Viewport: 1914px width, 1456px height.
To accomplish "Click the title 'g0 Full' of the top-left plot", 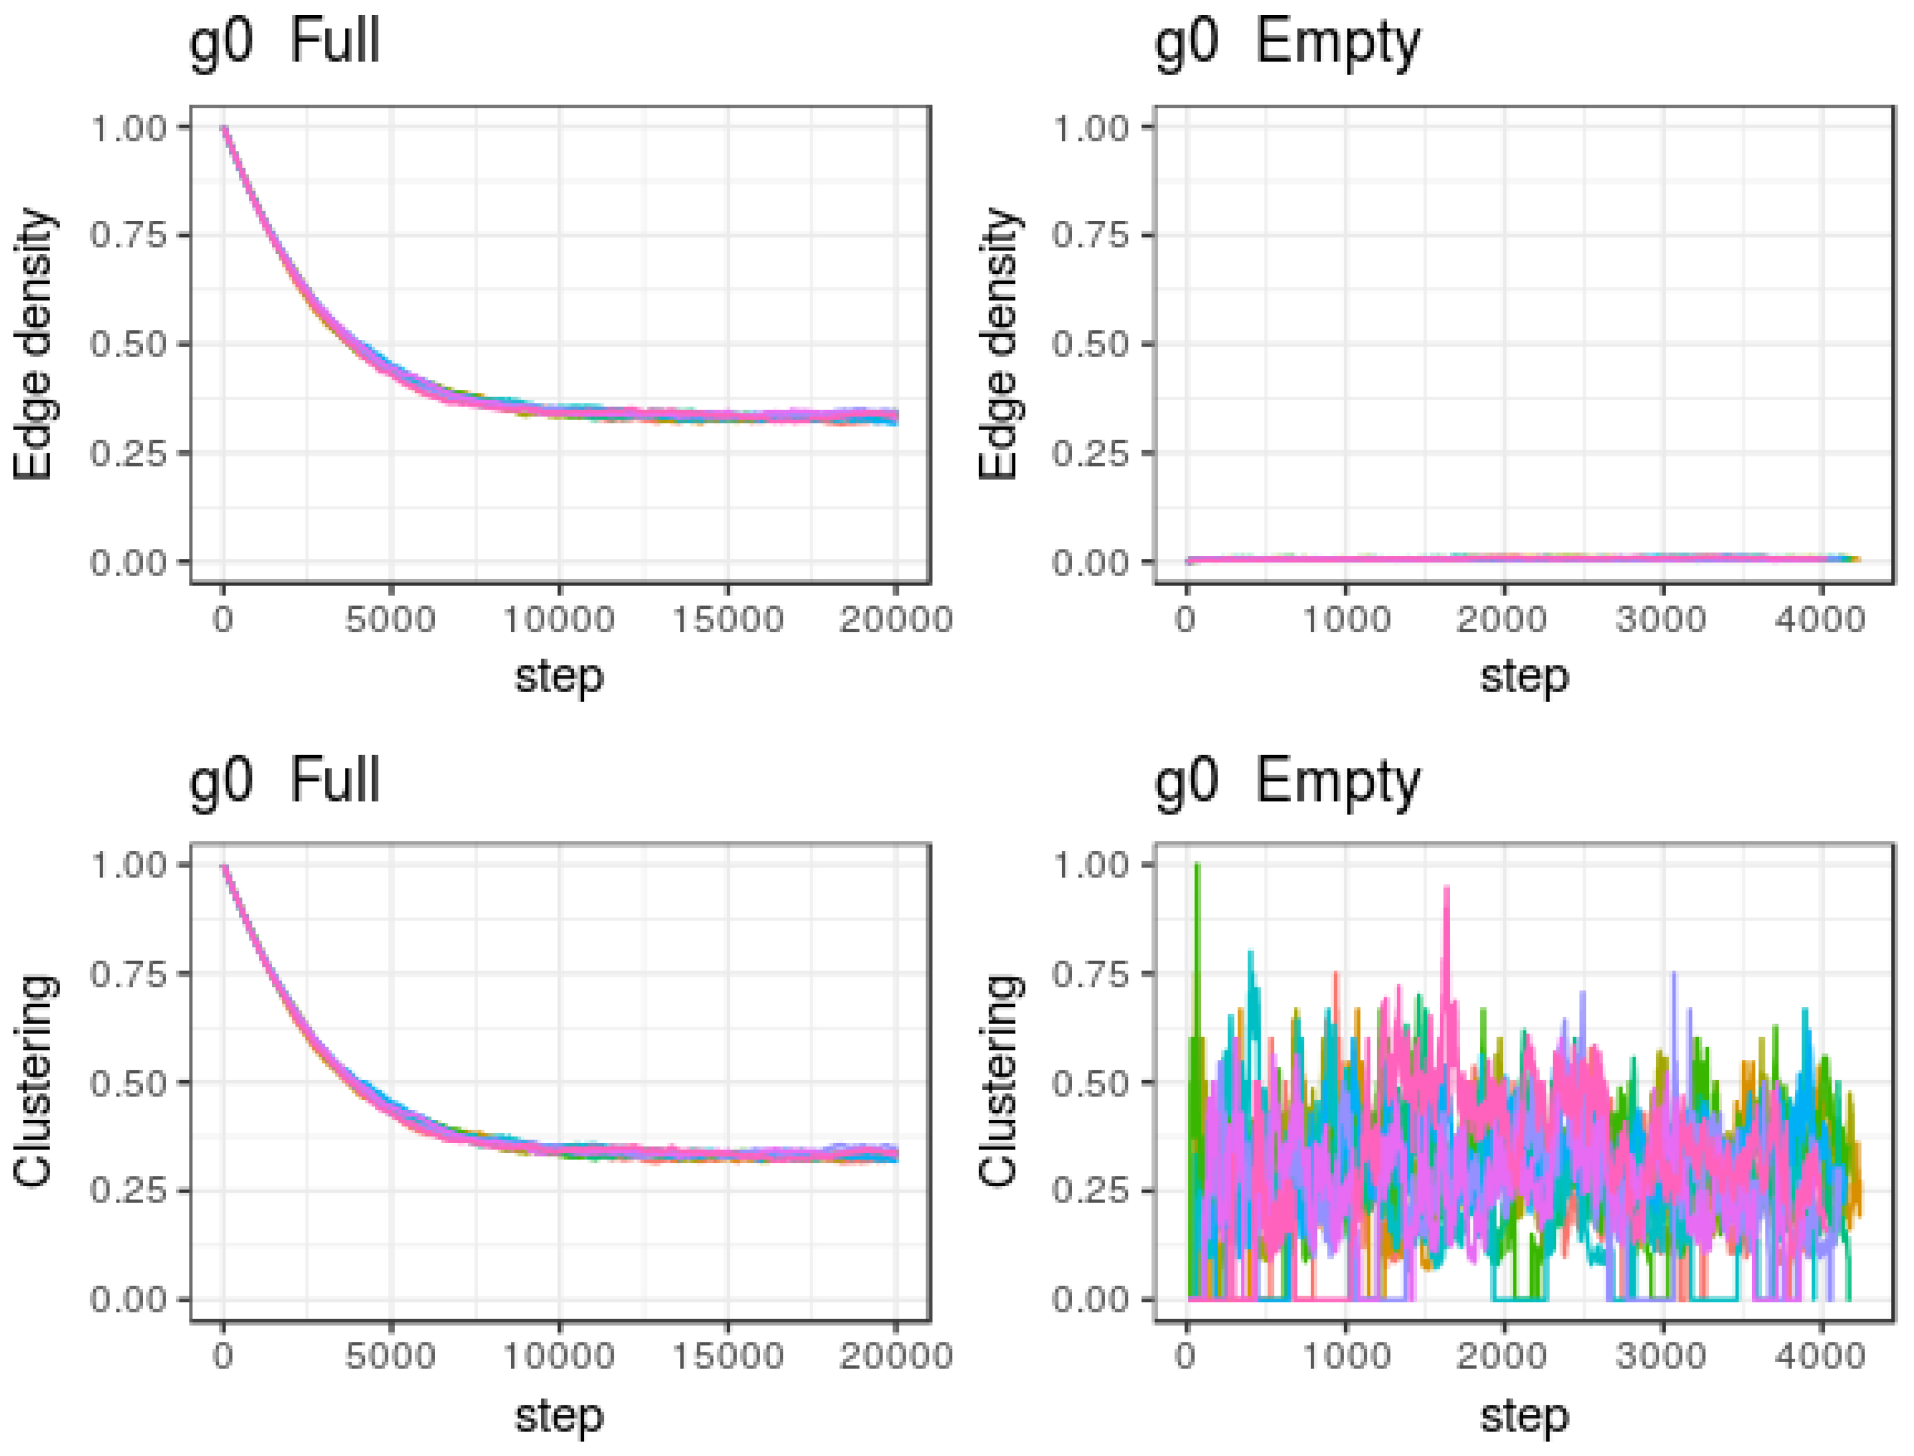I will (x=284, y=41).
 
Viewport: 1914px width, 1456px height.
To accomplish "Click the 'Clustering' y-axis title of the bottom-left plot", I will (x=34, y=1081).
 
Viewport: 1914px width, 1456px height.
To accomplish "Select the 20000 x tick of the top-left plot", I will (x=895, y=620).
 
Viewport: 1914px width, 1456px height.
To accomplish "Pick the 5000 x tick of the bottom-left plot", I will (x=390, y=1356).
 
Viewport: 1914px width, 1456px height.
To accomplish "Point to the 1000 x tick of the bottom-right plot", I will (x=1346, y=1356).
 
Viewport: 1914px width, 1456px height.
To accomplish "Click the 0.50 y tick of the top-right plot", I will (x=1090, y=344).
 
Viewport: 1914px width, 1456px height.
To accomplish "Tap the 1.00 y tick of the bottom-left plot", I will (x=128, y=865).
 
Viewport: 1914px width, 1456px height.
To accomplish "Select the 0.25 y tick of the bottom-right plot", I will (x=1090, y=1191).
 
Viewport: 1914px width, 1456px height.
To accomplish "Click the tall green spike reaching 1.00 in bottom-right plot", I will (x=1197, y=866).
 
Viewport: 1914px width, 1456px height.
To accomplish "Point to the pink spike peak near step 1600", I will (x=1446, y=889).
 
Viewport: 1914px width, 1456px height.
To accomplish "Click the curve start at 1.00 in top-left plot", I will (x=224, y=128).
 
